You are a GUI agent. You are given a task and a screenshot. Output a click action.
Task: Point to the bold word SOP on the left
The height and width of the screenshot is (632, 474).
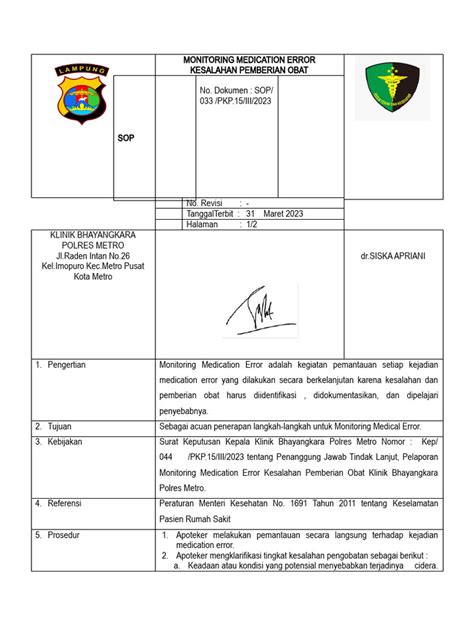[x=126, y=138]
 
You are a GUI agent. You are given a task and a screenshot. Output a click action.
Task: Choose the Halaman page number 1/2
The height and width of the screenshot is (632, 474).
[x=254, y=224]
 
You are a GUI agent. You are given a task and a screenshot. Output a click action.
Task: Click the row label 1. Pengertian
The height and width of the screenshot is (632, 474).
[x=61, y=365]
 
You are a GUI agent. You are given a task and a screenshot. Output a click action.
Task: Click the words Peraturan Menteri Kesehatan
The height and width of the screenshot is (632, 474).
[x=213, y=504]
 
